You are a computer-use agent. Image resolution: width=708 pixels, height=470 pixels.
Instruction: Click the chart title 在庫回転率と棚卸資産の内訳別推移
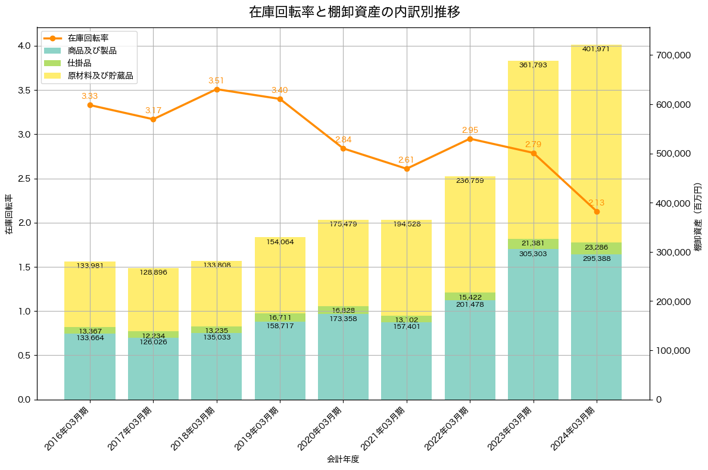354,12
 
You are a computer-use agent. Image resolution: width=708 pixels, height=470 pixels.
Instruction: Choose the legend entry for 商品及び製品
92,51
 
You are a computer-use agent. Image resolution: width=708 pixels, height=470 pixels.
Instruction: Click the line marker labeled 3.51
217,89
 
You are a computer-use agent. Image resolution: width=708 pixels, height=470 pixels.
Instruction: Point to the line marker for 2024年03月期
597,211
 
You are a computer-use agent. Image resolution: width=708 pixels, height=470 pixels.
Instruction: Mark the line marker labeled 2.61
407,169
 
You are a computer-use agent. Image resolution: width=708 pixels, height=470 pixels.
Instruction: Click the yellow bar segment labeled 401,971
597,143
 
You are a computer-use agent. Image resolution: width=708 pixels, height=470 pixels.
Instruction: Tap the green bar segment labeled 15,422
470,296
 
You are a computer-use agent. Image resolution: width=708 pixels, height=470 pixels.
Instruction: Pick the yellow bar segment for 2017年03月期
153,300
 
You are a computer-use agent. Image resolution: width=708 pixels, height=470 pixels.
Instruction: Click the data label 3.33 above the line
90,96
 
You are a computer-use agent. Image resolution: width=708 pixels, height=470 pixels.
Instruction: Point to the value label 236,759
470,180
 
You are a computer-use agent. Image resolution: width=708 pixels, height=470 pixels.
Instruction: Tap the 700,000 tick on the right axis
672,55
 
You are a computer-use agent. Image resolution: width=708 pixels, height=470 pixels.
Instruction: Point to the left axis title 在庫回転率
8,214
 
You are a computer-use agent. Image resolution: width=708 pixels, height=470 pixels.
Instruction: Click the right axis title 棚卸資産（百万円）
698,214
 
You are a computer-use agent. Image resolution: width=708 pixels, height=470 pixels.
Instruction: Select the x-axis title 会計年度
343,459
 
